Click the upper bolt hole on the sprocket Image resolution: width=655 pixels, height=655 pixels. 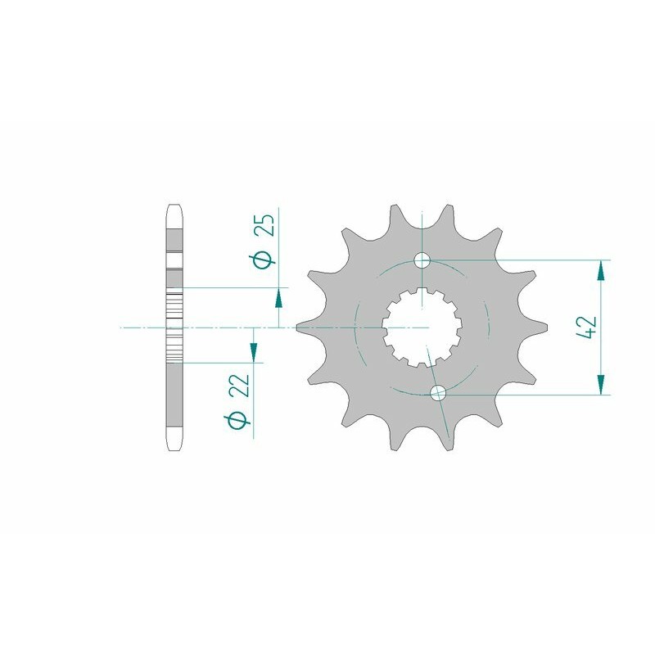[x=422, y=261]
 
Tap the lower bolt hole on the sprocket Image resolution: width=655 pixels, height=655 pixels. [x=438, y=394]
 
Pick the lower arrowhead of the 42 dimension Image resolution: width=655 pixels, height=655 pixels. [x=603, y=385]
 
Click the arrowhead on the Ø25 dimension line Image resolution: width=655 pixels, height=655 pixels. [x=279, y=298]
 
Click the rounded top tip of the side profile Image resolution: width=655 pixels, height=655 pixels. [x=174, y=207]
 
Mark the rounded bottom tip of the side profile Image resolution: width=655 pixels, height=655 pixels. [x=174, y=446]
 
